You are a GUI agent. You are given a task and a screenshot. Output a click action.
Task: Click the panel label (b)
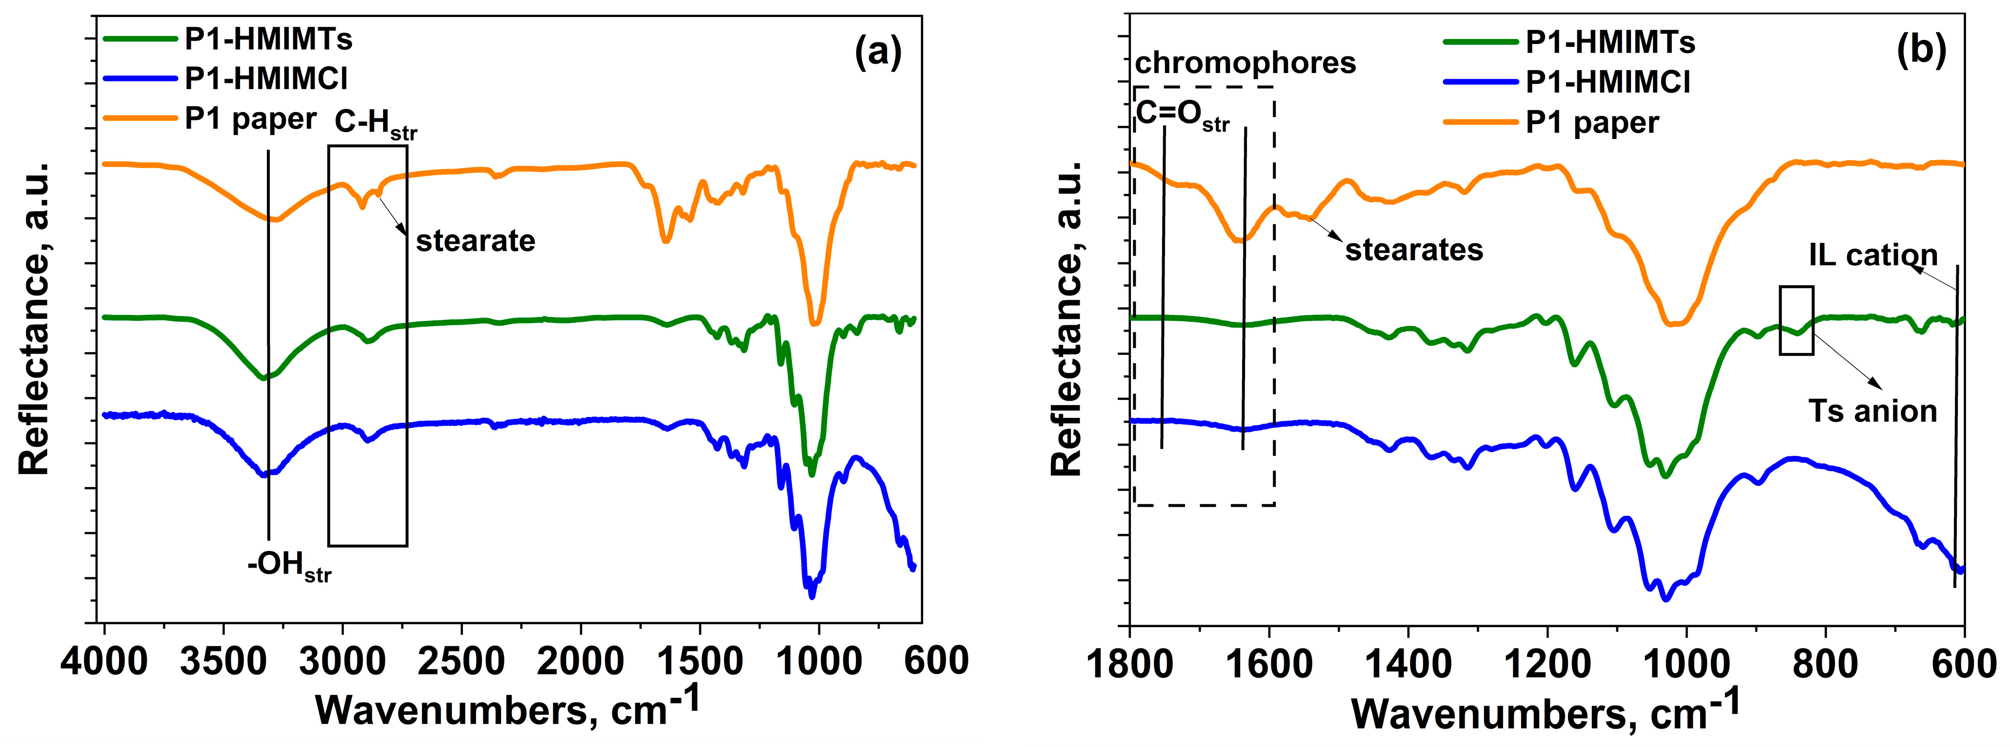(1921, 50)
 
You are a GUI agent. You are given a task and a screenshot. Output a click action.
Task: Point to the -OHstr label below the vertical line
(289, 565)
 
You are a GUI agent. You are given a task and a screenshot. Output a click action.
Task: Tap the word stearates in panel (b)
(1414, 250)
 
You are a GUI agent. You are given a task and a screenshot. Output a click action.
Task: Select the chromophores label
(1246, 62)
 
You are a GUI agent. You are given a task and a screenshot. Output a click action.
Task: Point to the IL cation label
(1873, 255)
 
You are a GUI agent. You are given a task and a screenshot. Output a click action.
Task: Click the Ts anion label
(1873, 411)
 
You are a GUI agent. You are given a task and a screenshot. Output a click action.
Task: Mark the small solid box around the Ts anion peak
(1796, 320)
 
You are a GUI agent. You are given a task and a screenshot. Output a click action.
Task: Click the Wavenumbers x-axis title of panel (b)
(1545, 711)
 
